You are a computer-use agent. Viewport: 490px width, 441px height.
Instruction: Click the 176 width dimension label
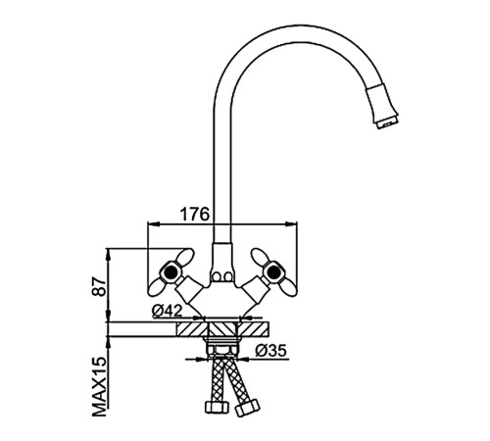point(195,215)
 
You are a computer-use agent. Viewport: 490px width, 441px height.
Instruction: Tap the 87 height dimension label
point(99,287)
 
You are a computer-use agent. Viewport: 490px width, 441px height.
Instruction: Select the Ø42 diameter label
point(167,311)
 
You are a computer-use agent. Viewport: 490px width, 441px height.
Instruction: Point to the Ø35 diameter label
point(270,351)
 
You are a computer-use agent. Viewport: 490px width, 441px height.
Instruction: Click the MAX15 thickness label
point(100,387)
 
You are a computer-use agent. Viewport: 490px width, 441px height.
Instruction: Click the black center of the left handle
point(170,271)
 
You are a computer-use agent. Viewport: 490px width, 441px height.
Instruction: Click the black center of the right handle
point(272,271)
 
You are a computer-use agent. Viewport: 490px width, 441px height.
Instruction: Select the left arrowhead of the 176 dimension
point(154,224)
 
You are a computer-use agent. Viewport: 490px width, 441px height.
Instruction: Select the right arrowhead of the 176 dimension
point(291,224)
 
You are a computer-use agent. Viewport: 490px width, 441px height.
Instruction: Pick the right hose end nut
point(248,408)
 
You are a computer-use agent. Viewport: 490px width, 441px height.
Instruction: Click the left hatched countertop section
point(191,329)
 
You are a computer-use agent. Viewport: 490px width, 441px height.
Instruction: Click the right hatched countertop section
point(254,329)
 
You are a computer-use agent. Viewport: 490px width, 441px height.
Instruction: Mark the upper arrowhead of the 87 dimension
point(109,253)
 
